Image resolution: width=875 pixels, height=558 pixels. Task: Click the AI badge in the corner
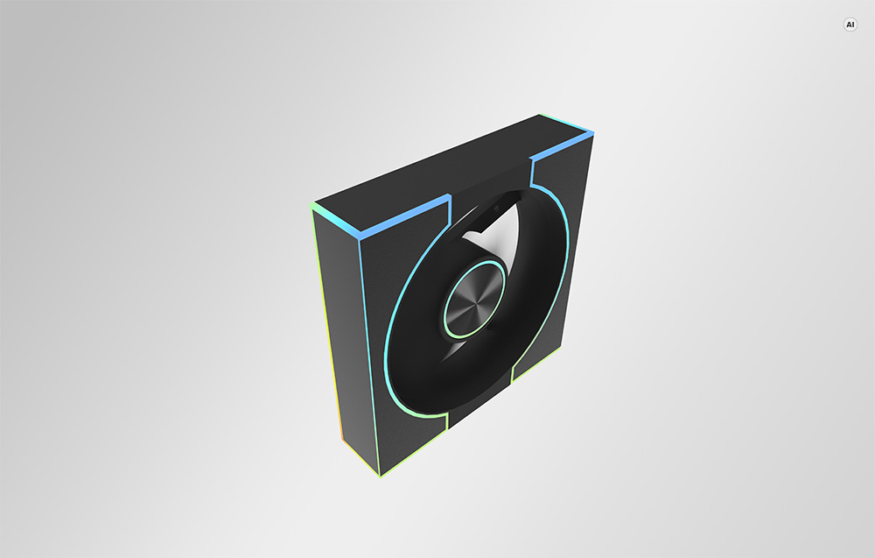(x=850, y=25)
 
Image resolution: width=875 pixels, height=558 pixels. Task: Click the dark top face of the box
(x=446, y=167)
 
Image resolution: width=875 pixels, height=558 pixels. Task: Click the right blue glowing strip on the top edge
(x=561, y=146)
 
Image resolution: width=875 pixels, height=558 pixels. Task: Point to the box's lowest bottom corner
(x=380, y=477)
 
